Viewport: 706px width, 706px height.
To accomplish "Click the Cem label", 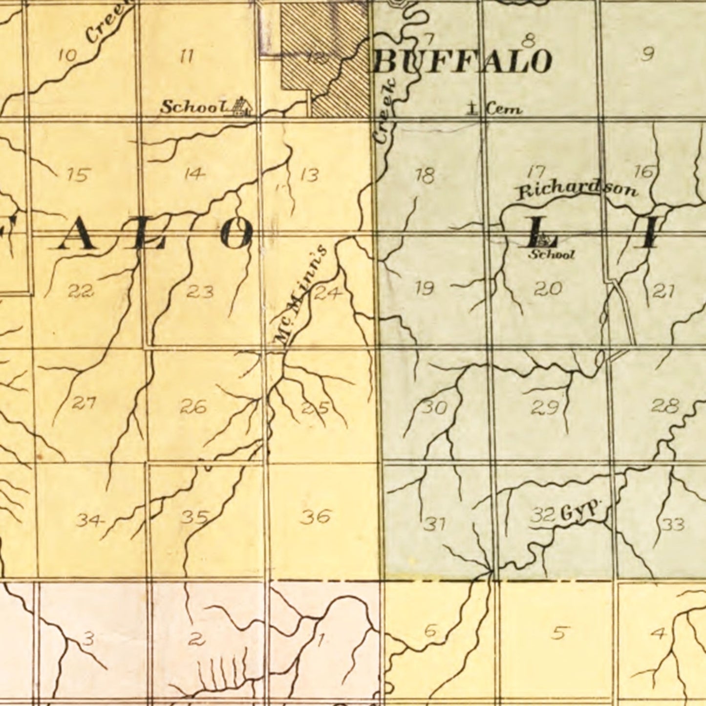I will [x=503, y=109].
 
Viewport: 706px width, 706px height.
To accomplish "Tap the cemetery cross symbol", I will [x=472, y=107].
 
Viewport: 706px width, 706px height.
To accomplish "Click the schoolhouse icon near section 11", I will [x=241, y=107].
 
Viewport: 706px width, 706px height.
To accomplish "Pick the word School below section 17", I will [x=552, y=254].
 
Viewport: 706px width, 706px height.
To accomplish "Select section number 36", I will [x=316, y=516].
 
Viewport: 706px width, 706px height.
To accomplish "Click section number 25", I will [x=315, y=407].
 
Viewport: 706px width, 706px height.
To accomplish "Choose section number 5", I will [x=559, y=632].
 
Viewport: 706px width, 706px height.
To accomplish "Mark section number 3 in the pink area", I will [x=88, y=638].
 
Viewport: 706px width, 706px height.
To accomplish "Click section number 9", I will [x=647, y=54].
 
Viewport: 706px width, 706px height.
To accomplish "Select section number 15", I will [x=79, y=174].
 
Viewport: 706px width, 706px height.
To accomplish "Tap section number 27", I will [x=84, y=404].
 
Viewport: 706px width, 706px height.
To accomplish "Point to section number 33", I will [x=673, y=525].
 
